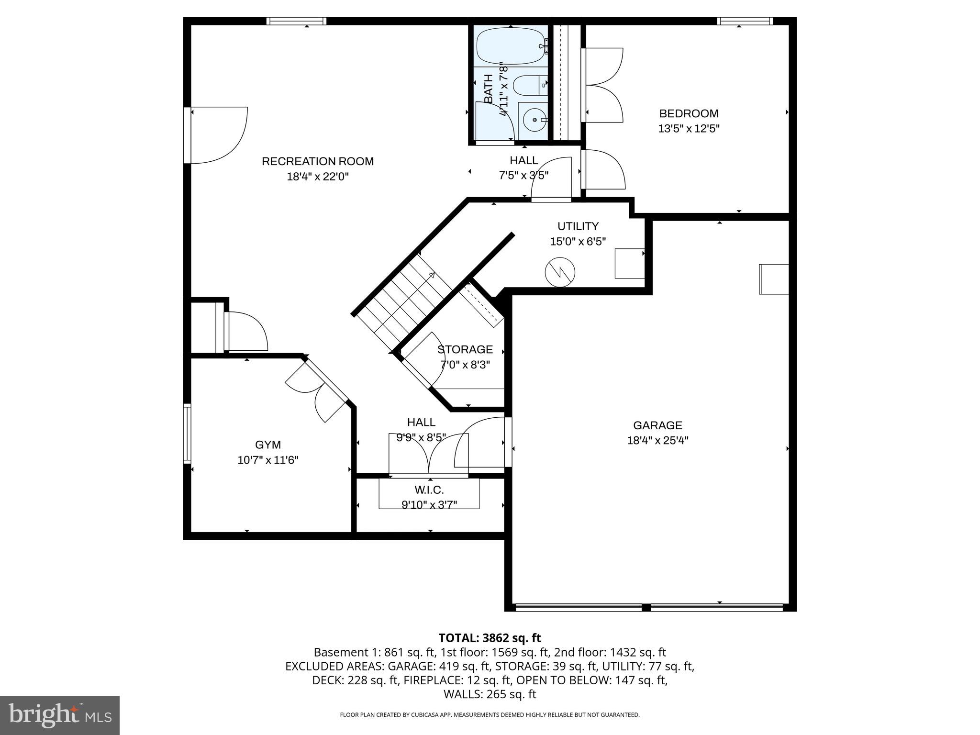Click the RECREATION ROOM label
[317, 161]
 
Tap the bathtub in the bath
[510, 46]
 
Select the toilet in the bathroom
[529, 87]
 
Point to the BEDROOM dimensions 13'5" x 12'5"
[689, 129]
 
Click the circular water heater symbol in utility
[559, 272]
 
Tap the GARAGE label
[657, 425]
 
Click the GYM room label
[267, 445]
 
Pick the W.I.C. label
[429, 490]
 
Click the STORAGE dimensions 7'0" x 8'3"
[465, 365]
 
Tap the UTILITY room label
[578, 226]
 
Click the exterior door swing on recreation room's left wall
[218, 135]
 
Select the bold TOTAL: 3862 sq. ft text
[490, 638]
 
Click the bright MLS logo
[59, 715]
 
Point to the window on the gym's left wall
[187, 434]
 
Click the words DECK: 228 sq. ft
[356, 680]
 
